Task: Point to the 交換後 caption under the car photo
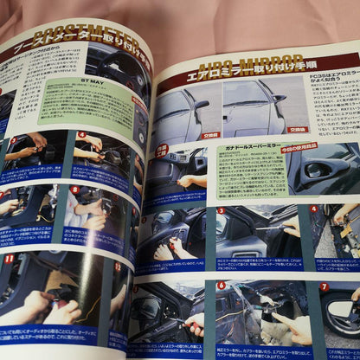pyautogui.click(x=298, y=129)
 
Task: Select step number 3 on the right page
pyautogui.click(x=222, y=209)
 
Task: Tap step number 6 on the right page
pyautogui.click(x=222, y=284)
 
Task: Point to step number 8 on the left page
pyautogui.click(x=75, y=190)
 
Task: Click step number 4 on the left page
pyautogui.click(x=81, y=134)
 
